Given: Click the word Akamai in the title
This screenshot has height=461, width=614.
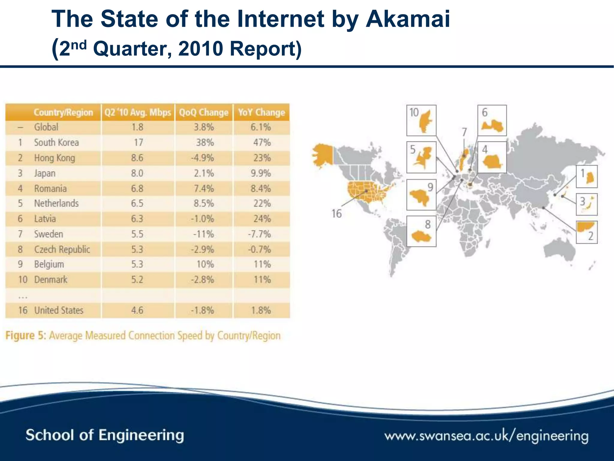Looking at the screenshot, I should coord(407,19).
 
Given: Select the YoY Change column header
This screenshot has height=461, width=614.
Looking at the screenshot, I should coord(261,112).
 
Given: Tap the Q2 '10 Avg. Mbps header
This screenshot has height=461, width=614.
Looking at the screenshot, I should coord(138,112).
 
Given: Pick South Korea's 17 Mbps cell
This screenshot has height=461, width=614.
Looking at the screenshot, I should coord(138,142).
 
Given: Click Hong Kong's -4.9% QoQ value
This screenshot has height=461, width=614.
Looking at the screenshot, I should coord(203,158).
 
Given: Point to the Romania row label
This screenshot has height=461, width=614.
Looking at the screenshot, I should coord(50,188).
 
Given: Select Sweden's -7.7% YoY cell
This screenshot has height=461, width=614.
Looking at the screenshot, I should coord(260,234).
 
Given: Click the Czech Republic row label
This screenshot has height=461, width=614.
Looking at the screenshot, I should coord(62,249).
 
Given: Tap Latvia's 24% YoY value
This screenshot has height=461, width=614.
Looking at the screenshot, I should coord(262,219).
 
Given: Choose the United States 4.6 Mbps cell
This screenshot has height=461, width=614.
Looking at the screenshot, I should coord(137,310).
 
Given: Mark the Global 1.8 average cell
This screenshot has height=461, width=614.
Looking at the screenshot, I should coord(137,127).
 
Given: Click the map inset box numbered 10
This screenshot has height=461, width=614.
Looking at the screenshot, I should coord(421,120).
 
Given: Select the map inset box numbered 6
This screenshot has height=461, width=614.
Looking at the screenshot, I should coord(492,120).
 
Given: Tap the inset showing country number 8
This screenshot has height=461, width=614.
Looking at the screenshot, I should coord(421,231).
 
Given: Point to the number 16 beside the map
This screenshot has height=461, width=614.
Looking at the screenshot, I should coord(336,214).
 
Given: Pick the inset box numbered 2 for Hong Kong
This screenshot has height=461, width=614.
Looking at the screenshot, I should coord(586,232).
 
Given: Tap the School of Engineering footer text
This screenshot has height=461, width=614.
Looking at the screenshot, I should coord(105,435).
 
